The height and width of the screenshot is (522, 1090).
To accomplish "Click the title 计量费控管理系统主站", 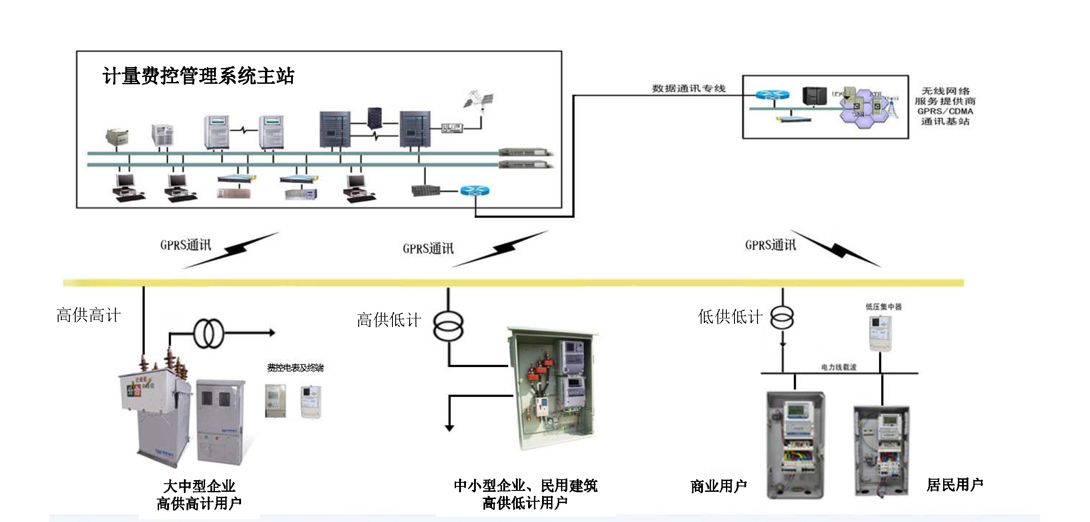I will pos(198,76).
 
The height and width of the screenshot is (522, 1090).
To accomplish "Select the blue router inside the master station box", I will pos(474,191).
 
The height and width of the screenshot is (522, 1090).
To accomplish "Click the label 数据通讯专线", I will pos(688,88).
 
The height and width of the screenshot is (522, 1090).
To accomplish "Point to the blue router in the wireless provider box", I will pos(772,95).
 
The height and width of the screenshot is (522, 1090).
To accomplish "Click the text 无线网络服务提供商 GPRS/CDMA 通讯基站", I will pos(945,106).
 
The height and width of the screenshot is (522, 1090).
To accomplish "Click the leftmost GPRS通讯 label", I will pos(185,245).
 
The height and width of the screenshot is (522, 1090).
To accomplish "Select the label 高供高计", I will pos(88,315).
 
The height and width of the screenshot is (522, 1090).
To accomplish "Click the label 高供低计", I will pos(389,320).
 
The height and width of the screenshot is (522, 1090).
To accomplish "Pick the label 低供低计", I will pos(730,317).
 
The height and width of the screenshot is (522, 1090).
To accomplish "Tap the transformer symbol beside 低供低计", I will pos(782,318).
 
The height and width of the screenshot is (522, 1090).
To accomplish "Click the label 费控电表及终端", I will pos(295,368).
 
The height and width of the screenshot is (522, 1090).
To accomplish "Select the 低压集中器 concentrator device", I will pos(880,332).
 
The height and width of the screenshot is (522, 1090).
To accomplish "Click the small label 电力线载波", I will pos(838,368).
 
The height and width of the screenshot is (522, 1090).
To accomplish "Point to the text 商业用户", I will pos(718,486).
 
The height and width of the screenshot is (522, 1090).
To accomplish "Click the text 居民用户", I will pos(954,485).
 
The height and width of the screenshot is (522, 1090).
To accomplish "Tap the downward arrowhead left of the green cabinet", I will pos(449,427).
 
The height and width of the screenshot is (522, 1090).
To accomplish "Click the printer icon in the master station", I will pos(117,136).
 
